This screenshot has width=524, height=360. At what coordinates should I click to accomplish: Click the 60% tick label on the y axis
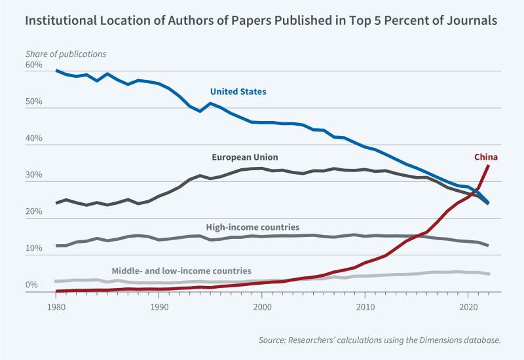(x=33, y=65)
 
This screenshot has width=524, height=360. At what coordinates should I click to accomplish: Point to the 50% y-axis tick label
(x=33, y=102)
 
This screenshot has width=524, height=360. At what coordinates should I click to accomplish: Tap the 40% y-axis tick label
(x=33, y=139)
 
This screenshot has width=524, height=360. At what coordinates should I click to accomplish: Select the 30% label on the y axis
(x=33, y=175)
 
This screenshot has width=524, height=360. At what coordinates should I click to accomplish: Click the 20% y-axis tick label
(x=33, y=212)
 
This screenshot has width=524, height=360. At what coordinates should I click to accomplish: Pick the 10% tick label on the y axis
(x=33, y=249)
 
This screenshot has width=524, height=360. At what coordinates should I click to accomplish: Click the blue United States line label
(x=238, y=92)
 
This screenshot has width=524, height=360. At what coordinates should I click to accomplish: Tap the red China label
(x=486, y=156)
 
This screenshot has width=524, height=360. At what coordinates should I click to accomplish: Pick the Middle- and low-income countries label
(x=181, y=270)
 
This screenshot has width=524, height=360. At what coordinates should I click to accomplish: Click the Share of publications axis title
(x=65, y=53)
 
